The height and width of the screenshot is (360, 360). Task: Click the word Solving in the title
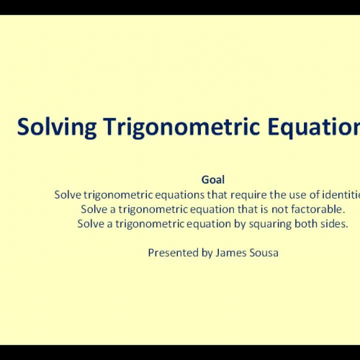(x=48, y=127)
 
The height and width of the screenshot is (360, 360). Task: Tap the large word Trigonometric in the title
(x=159, y=127)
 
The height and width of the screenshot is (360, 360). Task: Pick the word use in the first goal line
(x=273, y=194)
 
